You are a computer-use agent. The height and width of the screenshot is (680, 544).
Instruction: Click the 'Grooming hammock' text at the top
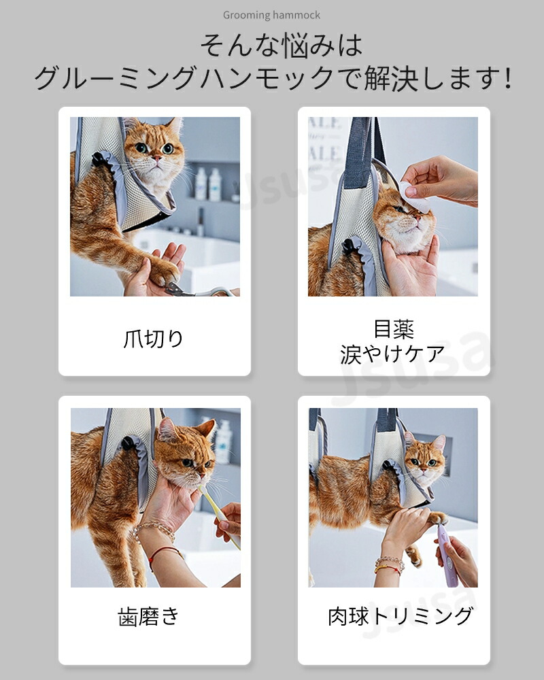(271, 15)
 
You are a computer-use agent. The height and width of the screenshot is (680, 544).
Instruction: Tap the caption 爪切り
(154, 339)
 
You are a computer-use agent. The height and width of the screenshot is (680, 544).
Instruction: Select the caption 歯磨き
(148, 616)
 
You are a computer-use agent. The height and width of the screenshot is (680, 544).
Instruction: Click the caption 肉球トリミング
(400, 616)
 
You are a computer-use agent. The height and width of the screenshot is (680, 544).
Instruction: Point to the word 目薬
(394, 329)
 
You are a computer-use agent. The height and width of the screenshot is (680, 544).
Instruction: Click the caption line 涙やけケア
(392, 354)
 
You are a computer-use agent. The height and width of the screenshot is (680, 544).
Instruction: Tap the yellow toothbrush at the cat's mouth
(219, 516)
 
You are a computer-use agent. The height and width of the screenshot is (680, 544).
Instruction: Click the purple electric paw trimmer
(447, 556)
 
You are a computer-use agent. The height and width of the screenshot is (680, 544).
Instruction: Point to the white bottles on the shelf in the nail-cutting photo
(208, 184)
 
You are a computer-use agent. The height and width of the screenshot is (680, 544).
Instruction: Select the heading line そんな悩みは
(281, 46)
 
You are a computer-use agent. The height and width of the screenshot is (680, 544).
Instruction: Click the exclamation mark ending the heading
(508, 78)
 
